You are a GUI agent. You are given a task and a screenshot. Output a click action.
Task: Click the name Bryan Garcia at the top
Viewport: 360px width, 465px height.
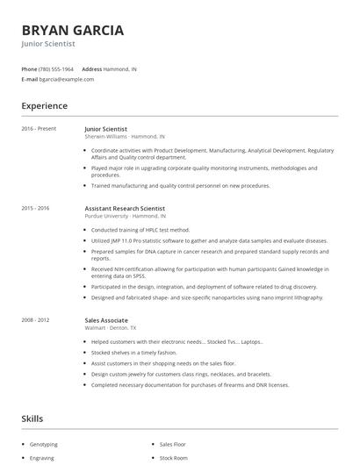pyautogui.click(x=73, y=30)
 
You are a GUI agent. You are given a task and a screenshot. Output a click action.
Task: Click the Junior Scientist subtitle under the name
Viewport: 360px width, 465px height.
pyautogui.click(x=48, y=43)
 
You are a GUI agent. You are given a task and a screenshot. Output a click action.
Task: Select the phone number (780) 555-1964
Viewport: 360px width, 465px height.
pyautogui.click(x=57, y=68)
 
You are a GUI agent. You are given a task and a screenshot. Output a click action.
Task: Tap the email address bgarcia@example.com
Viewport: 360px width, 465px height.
pyautogui.click(x=67, y=79)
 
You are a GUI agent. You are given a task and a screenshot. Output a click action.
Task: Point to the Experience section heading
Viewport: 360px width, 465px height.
pyautogui.click(x=44, y=106)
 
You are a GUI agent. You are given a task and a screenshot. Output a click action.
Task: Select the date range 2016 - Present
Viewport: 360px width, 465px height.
pyautogui.click(x=39, y=129)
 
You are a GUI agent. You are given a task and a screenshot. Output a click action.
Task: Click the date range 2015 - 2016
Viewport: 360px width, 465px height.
pyautogui.click(x=35, y=208)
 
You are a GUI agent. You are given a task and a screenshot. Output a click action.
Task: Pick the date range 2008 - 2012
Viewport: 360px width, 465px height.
pyautogui.click(x=35, y=320)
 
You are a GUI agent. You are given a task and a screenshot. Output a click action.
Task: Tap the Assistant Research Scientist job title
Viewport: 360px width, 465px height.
pyautogui.click(x=125, y=208)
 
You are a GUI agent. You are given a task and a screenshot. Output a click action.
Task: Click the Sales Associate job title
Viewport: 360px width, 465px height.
pyautogui.click(x=106, y=320)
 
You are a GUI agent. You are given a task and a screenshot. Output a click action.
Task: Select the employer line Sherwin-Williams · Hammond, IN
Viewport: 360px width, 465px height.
pyautogui.click(x=124, y=136)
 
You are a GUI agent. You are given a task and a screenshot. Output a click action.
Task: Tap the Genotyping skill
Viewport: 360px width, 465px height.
pyautogui.click(x=43, y=445)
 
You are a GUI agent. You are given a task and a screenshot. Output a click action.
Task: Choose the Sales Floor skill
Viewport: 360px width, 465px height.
pyautogui.click(x=172, y=445)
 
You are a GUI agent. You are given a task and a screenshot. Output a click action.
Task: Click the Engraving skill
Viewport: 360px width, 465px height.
pyautogui.click(x=42, y=458)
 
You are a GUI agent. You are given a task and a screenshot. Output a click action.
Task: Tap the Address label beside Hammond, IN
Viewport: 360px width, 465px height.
pyautogui.click(x=92, y=68)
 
